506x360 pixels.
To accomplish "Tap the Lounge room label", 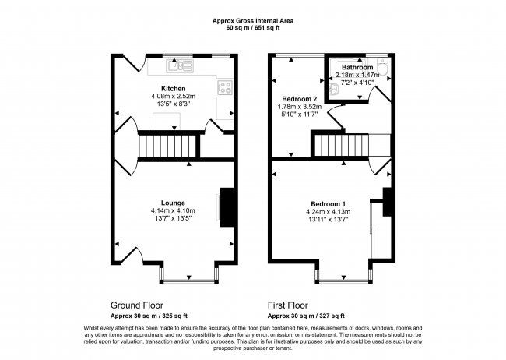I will tap(173, 203).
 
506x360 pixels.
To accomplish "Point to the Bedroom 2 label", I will tap(298, 99).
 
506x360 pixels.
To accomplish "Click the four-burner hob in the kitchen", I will tap(227, 87).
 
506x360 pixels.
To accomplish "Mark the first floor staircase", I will tap(341, 145).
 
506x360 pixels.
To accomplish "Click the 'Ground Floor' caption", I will tap(137, 305).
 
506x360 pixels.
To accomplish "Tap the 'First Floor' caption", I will tap(288, 305).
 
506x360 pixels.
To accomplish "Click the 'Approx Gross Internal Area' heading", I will tap(253, 22).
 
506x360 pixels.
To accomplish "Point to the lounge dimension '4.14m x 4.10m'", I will tap(173, 210).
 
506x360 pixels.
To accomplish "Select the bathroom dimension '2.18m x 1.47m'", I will tap(357, 74).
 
